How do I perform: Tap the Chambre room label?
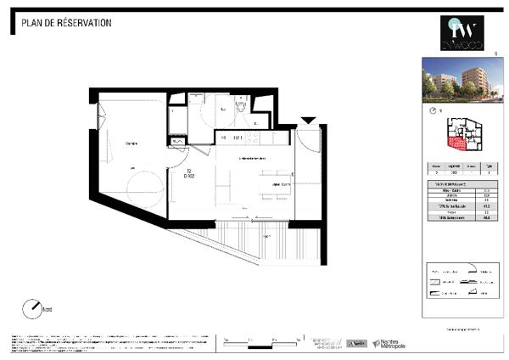click(131, 143)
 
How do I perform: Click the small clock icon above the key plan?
click(435, 111)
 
